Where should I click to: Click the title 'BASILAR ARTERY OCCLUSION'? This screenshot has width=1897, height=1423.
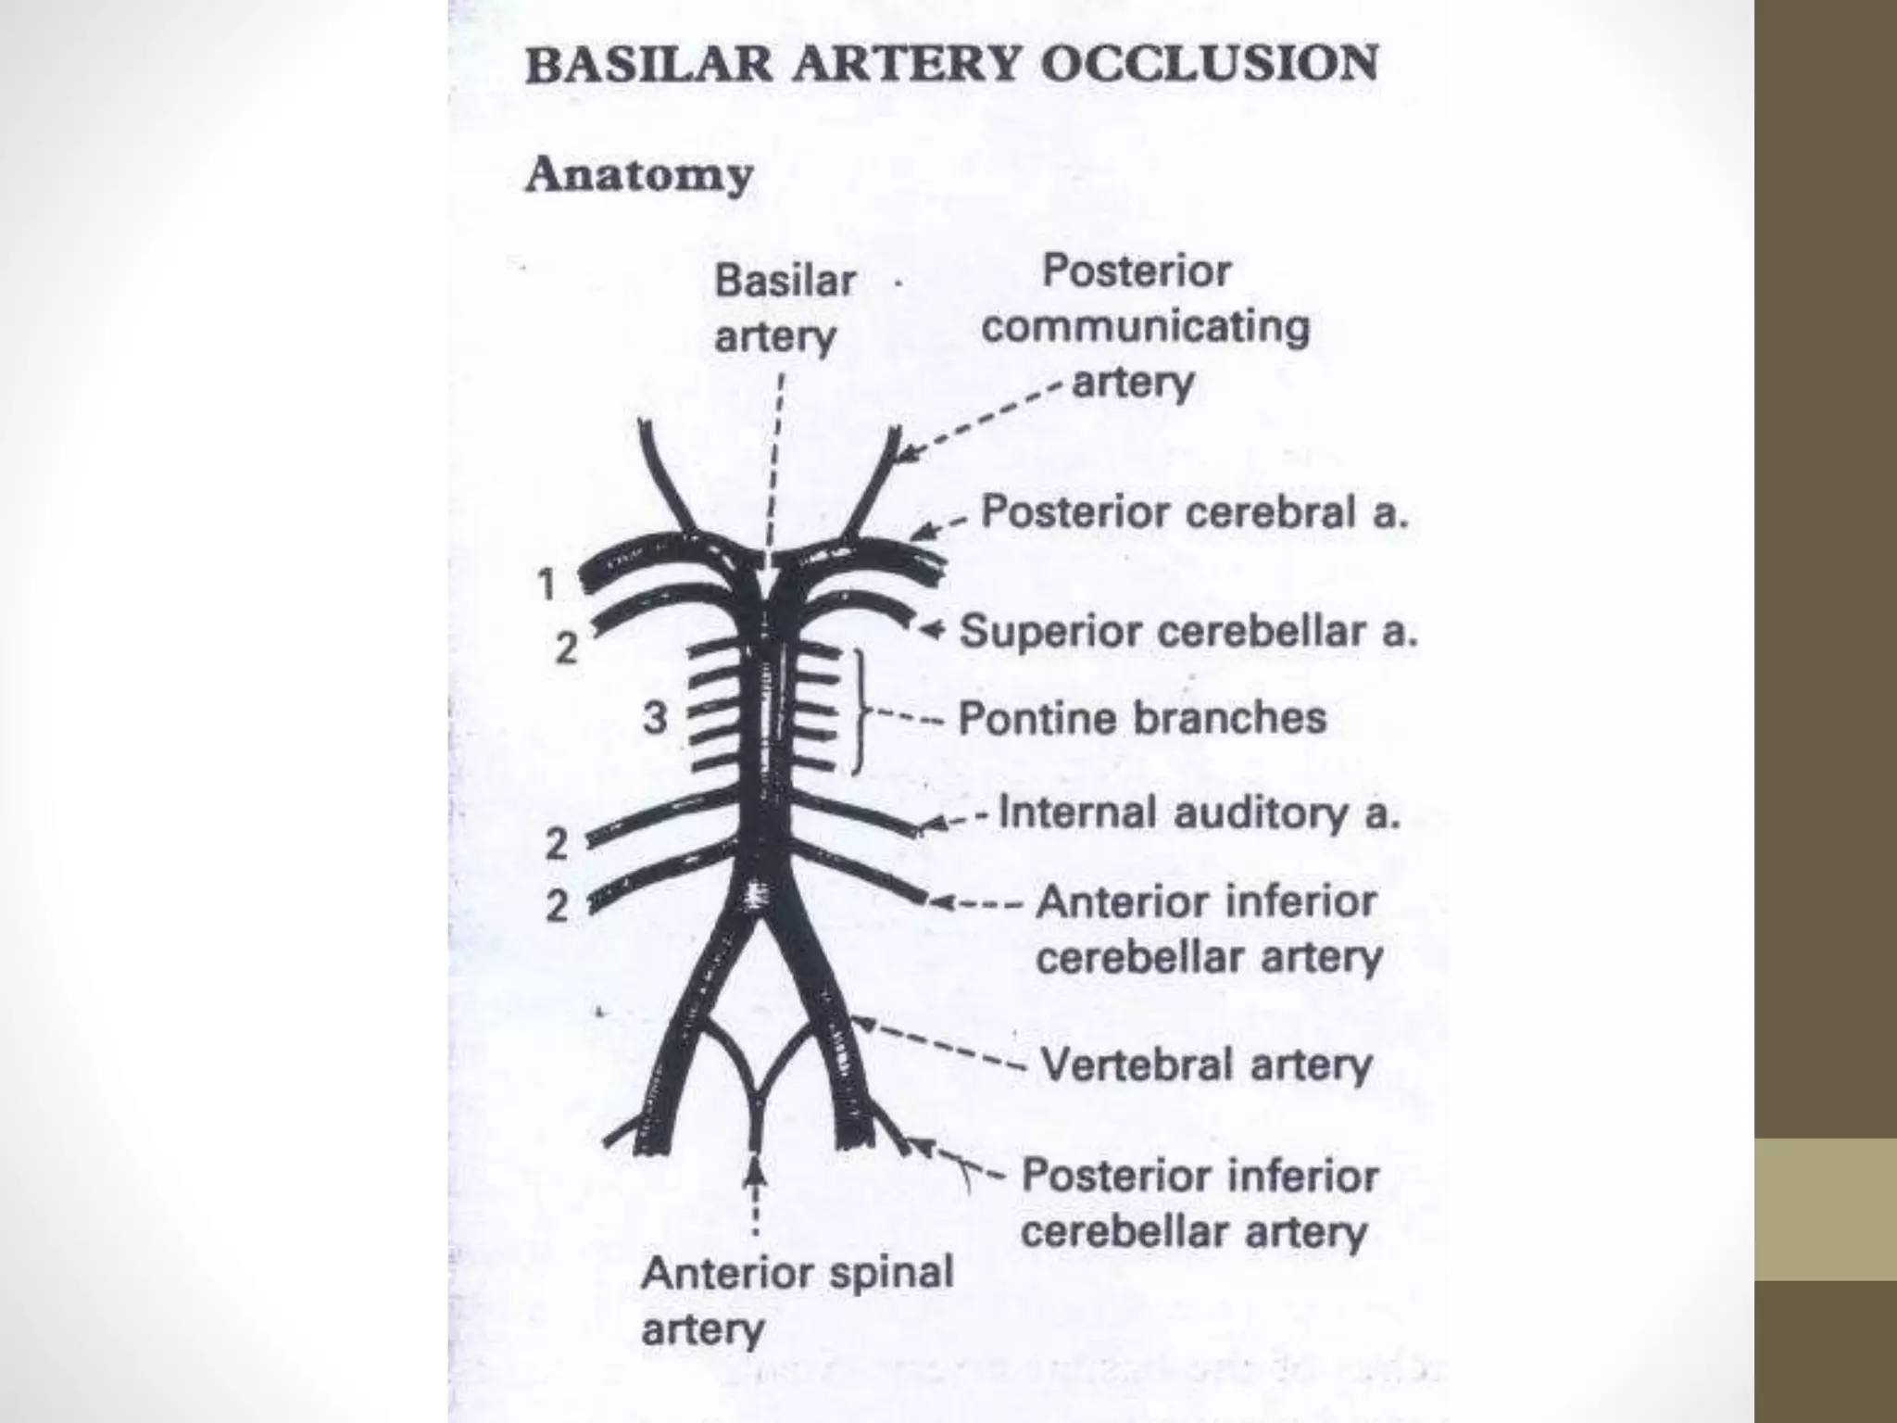pos(951,65)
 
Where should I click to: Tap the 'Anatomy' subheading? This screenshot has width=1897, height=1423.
pos(639,175)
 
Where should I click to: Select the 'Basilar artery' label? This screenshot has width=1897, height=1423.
pos(784,308)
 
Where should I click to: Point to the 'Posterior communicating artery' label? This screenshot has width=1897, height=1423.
pos(1145,327)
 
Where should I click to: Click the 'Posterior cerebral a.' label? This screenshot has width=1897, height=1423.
pos(1194,512)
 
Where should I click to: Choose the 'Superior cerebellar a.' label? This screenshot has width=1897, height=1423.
pos(1188,632)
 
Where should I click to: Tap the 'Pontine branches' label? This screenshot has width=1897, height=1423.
pos(1141,718)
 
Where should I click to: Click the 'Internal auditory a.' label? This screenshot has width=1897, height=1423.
pos(1200,813)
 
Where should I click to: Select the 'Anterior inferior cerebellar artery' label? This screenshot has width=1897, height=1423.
pos(1208,929)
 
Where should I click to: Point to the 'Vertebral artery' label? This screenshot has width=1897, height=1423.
pos(1205,1064)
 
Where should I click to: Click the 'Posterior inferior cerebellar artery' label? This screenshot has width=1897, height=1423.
pos(1199,1203)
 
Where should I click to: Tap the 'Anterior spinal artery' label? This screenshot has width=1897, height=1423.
pos(797,1301)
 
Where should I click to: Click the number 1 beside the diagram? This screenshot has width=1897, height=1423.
pos(546,585)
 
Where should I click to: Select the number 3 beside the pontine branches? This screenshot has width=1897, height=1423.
pos(655,718)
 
